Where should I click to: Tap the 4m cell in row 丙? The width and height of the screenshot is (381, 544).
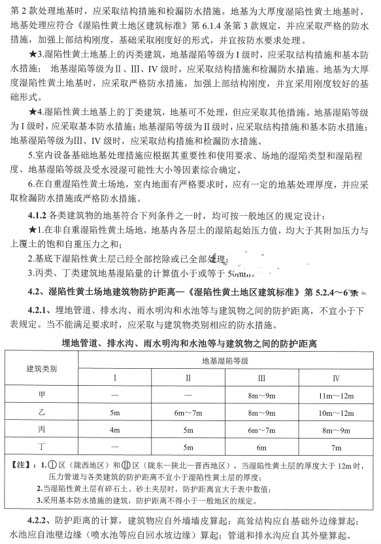point(115,430)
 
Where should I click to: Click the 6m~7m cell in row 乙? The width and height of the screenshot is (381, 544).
point(188,413)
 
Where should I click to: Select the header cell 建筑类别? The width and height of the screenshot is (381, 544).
point(41,369)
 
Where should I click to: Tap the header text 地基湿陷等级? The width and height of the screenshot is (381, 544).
point(225,360)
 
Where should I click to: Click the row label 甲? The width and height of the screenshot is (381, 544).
point(41,396)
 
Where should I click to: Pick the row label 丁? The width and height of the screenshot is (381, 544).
point(41,447)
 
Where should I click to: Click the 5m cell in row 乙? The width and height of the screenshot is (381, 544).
point(115,413)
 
